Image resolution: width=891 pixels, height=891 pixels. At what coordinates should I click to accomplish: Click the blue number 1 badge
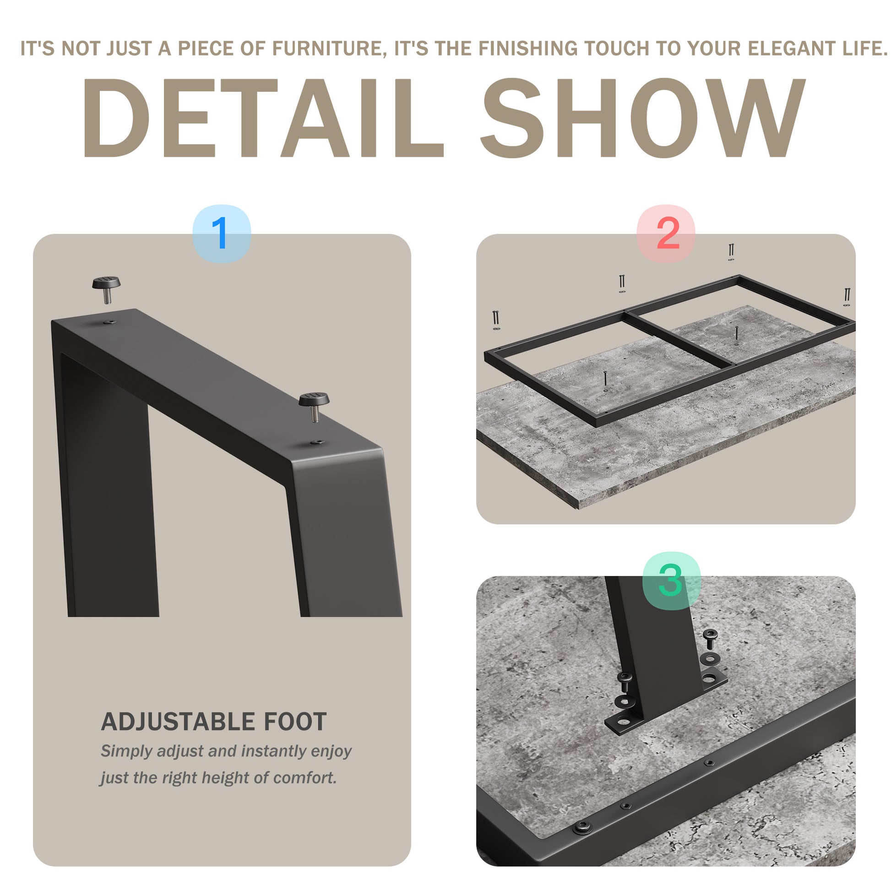[x=221, y=234]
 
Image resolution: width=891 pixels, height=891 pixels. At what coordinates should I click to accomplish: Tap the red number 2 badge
[x=665, y=234]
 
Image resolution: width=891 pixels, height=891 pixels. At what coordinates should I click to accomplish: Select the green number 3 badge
[x=672, y=581]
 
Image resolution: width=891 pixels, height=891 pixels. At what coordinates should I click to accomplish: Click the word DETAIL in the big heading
[x=263, y=118]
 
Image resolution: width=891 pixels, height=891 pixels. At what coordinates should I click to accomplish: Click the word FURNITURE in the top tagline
[x=327, y=49]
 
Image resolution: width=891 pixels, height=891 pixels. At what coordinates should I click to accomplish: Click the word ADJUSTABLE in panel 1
[x=178, y=722]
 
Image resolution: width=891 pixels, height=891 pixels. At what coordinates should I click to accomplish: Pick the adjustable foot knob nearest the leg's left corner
[x=106, y=289]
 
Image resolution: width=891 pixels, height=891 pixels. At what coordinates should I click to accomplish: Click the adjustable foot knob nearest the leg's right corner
[x=314, y=406]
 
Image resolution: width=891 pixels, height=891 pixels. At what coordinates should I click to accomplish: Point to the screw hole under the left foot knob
[x=110, y=322]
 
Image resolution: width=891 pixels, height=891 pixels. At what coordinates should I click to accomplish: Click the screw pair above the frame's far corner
[x=731, y=252]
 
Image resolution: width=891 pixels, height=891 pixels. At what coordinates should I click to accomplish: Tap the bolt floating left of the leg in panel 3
[x=625, y=681]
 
